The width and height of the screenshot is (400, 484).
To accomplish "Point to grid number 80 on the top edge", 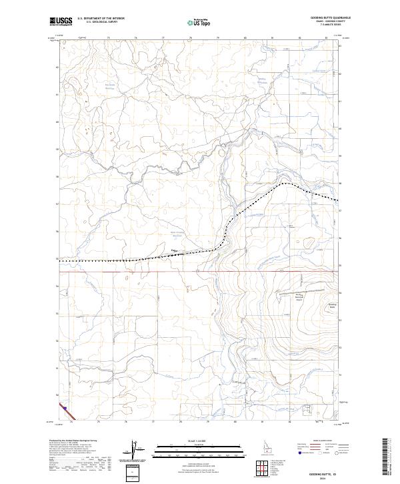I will [x=245, y=38].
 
